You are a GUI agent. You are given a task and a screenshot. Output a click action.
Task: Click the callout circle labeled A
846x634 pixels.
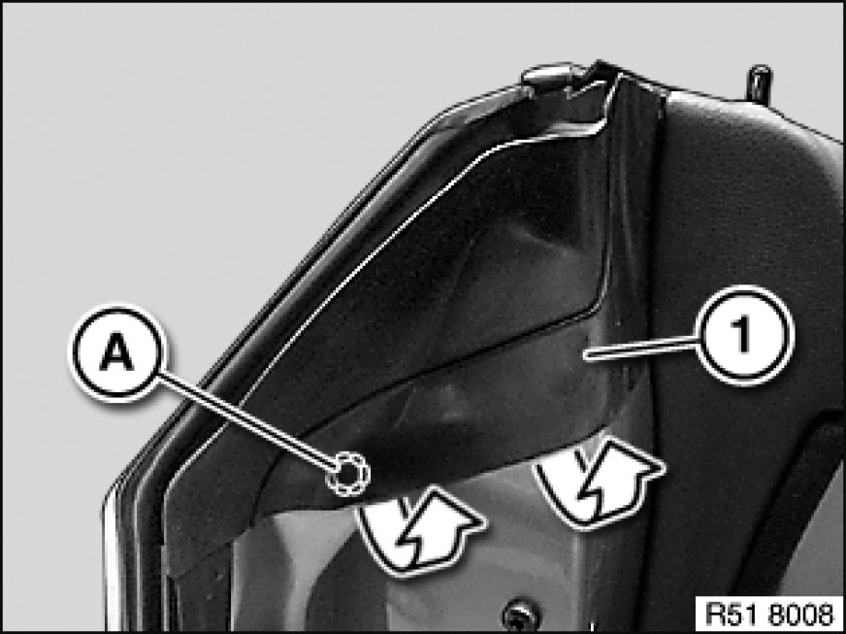point(117,352)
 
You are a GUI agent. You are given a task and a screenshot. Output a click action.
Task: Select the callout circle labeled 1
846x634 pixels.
point(745,335)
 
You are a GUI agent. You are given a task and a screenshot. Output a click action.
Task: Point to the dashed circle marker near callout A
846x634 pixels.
point(348,473)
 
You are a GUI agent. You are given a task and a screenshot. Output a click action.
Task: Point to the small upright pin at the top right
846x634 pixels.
point(760,84)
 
